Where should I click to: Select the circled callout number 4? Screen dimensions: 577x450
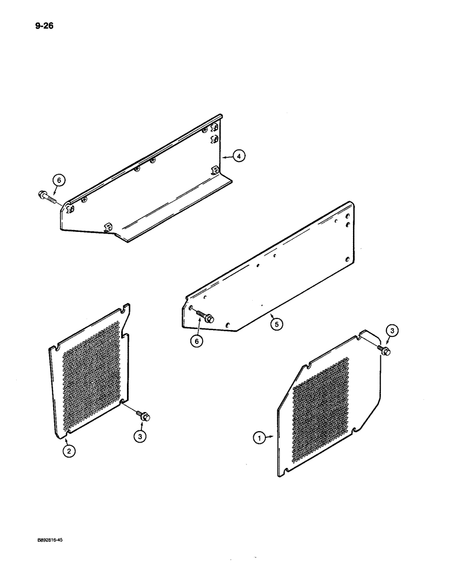coord(240,155)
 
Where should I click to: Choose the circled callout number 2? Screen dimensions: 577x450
coord(69,452)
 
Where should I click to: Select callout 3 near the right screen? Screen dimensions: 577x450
coord(391,331)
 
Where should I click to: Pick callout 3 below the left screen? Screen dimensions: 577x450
coord(140,437)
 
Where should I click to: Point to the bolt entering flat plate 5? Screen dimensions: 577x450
coord(205,317)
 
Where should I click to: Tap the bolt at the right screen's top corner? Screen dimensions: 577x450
coord(385,350)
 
